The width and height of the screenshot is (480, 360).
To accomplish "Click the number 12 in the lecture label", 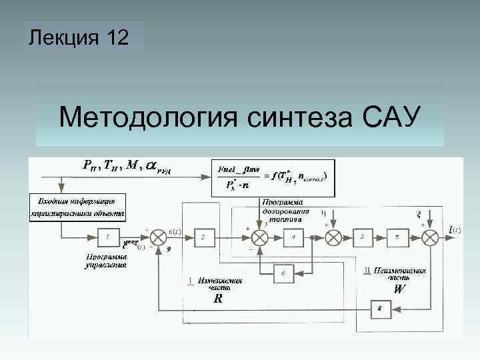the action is tap(116, 39).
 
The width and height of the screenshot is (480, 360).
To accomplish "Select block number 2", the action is tap(205, 237).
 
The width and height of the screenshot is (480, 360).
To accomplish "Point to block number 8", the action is tap(381, 309).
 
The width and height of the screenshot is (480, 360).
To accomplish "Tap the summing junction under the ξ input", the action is tap(431, 237).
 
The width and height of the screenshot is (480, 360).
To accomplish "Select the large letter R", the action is tap(218, 299).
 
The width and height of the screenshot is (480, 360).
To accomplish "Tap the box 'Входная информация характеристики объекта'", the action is tap(77, 207).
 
